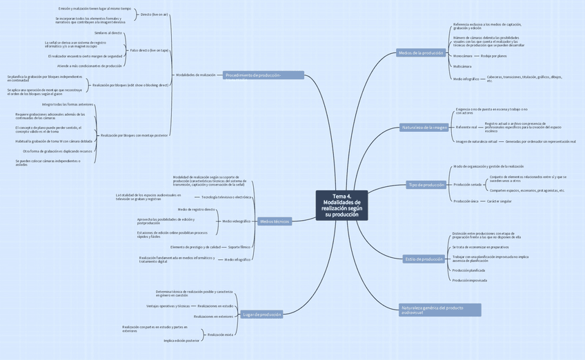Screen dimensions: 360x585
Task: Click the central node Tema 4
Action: [x=341, y=206]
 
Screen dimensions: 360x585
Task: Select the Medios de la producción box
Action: [x=420, y=53]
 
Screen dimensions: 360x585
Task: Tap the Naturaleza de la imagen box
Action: [x=424, y=127]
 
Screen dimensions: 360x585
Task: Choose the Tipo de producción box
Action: [x=426, y=185]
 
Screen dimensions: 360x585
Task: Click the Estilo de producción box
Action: [x=424, y=259]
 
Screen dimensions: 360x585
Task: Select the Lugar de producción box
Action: [x=262, y=314]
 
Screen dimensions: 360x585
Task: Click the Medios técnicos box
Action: [x=275, y=221]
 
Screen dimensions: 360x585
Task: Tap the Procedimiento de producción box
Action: [x=263, y=75]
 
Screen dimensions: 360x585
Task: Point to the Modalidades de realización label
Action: [x=196, y=74]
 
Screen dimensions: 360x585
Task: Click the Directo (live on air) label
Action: [x=154, y=14]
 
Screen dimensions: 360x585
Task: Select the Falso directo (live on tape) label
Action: [x=149, y=50]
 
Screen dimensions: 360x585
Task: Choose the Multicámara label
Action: [x=462, y=66]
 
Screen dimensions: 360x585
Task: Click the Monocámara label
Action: [x=463, y=56]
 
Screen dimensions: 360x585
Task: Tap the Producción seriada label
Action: [x=467, y=185]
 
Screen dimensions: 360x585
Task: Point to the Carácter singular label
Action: [x=499, y=201]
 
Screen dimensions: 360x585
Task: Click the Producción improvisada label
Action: [x=469, y=281]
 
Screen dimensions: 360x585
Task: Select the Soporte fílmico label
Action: [x=239, y=247]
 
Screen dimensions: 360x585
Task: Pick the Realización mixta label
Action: [x=220, y=334]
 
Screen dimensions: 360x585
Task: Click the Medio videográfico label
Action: [x=237, y=221]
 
